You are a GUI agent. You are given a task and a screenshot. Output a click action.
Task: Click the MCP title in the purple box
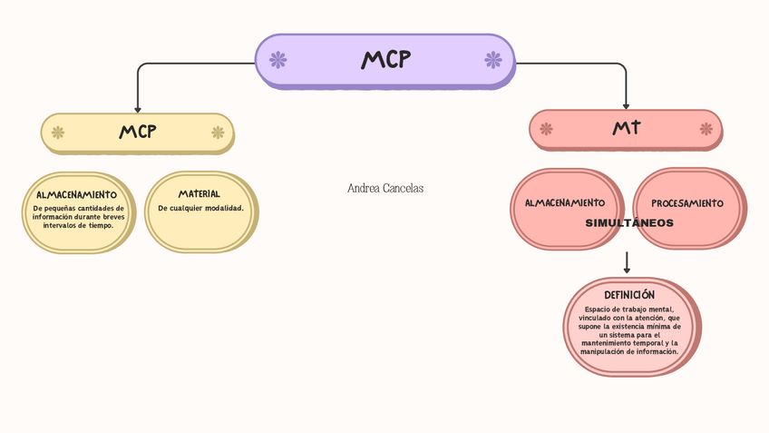coord(385,60)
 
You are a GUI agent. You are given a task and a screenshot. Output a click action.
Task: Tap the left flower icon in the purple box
coord(278,60)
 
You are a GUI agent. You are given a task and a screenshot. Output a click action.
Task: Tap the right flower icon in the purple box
coord(492,60)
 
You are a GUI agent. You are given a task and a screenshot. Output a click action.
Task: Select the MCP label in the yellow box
coord(138,132)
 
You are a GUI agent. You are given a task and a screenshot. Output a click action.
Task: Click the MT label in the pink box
coord(626,128)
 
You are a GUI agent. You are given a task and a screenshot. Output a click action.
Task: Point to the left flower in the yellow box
coord(58,133)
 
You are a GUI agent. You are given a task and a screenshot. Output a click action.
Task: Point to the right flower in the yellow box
coord(218,133)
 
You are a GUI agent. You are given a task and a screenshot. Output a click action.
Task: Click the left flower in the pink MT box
coord(546,129)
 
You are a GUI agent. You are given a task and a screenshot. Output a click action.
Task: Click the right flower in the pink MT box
coord(706,129)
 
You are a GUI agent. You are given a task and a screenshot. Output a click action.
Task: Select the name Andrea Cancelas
coord(385,188)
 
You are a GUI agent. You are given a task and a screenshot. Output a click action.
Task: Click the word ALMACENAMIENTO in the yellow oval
coord(76,194)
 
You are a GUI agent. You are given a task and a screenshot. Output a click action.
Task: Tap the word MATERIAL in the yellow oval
coord(200,193)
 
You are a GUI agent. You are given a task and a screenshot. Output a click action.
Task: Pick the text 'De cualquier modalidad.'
coord(200,208)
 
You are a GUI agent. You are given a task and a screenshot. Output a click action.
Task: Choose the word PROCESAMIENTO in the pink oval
coord(687,203)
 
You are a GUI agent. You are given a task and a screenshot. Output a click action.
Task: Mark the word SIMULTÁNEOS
coord(629,222)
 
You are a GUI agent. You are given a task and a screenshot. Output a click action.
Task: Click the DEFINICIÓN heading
coord(629,295)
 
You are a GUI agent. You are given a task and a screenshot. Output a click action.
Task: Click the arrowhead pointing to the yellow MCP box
coord(138,107)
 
